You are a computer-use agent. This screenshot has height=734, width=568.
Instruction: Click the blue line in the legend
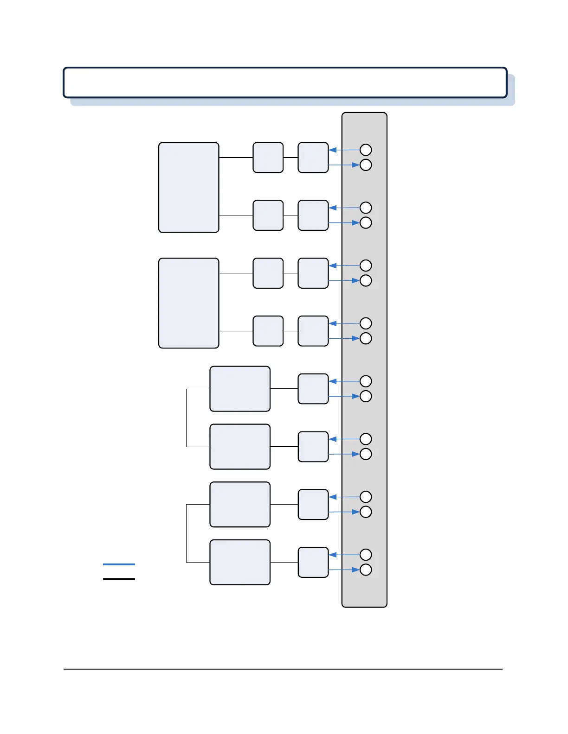119,564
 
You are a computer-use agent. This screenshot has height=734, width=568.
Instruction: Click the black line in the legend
119,579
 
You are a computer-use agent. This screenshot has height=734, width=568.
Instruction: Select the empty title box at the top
285,82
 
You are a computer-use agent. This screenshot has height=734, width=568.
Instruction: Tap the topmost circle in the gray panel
366,150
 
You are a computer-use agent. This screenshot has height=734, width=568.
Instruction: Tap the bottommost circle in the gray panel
366,569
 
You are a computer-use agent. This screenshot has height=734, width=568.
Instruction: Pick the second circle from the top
366,165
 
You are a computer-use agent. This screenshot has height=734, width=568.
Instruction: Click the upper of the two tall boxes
188,187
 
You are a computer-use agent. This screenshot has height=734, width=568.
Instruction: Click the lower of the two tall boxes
188,303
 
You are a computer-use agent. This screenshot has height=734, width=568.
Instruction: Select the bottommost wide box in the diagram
240,562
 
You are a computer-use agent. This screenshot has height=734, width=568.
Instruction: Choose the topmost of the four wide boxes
240,389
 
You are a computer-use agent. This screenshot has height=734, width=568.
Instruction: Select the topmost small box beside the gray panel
313,158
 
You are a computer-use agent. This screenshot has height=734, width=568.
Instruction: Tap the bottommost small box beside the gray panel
313,562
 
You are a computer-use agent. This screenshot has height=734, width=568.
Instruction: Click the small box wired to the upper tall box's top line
268,158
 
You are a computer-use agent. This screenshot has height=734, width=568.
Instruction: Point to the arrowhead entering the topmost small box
332,150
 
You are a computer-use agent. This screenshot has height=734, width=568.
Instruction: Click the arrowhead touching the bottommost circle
356,569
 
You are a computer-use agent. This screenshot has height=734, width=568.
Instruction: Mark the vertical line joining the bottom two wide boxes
187,533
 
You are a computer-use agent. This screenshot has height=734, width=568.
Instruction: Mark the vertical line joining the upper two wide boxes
187,418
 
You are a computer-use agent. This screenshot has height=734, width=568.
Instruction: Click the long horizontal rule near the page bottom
283,669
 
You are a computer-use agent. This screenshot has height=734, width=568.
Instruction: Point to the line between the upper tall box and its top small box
236,158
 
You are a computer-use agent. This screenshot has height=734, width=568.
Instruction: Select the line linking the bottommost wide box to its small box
284,562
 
